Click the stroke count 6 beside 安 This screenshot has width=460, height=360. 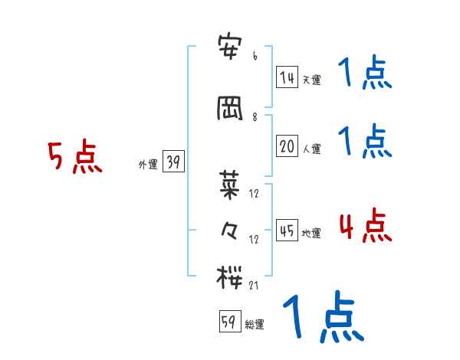[255, 56]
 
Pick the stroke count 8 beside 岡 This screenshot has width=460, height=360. [255, 116]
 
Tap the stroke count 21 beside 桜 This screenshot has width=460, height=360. [255, 285]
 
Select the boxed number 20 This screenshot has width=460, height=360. [287, 146]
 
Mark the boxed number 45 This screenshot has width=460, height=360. [287, 230]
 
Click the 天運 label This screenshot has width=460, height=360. [311, 80]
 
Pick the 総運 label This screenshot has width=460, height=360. [255, 325]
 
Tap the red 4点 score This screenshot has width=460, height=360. [365, 226]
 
